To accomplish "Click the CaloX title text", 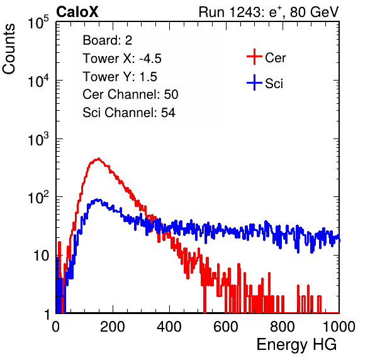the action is tap(77, 12).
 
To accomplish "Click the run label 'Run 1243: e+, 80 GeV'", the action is tap(269, 12).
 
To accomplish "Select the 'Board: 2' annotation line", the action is tap(107, 40).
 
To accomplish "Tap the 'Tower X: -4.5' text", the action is tap(122, 59).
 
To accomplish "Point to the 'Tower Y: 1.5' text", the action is tap(120, 77).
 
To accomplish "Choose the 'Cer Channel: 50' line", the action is tap(130, 94).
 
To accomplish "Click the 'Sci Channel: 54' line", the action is tap(129, 113).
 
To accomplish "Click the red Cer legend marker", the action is tap(254, 57).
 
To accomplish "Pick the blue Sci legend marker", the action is tap(254, 83).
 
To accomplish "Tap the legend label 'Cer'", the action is tap(275, 58).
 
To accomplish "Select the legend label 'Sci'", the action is tap(274, 84).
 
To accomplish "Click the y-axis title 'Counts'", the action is tap(9, 49).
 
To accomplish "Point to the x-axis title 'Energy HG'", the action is tap(296, 345).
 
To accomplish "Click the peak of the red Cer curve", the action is tap(98, 159).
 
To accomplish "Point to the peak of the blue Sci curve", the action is tap(98, 200).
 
